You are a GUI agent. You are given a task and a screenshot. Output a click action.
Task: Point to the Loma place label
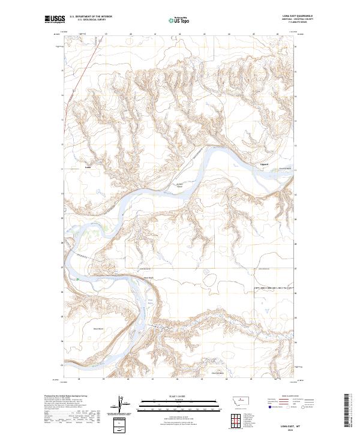tap(88, 167)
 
